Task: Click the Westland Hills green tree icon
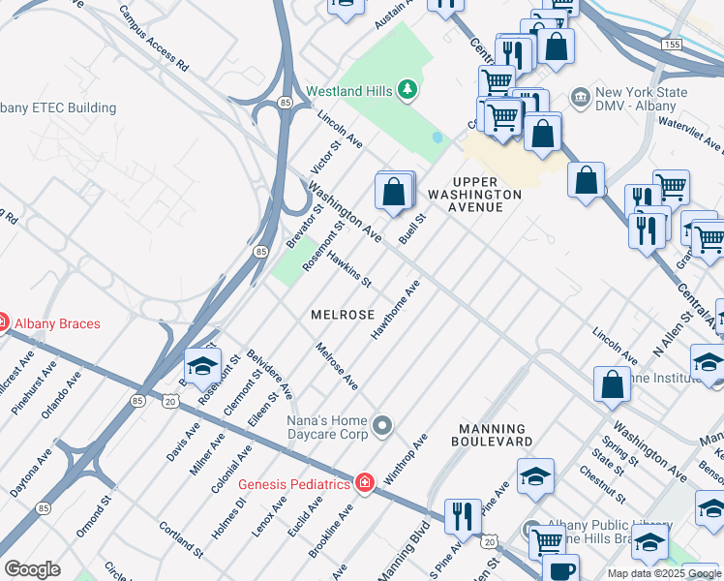(x=408, y=91)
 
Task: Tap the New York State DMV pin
(x=581, y=98)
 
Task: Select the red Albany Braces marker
(x=3, y=323)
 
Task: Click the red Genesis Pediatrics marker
(x=365, y=482)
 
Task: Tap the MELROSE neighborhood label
(x=343, y=316)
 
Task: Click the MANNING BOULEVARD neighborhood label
(x=492, y=435)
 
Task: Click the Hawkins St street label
(x=349, y=270)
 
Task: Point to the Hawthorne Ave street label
(x=395, y=310)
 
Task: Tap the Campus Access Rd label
(x=153, y=39)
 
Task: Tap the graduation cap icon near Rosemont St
(x=202, y=366)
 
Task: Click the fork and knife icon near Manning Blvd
(x=463, y=516)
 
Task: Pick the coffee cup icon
(x=560, y=570)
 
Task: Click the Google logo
(x=32, y=569)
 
